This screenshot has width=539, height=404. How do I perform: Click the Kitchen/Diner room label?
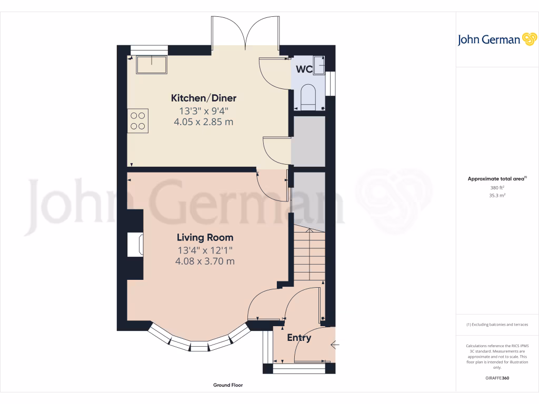pyautogui.click(x=204, y=98)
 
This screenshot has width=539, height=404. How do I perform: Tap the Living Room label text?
pyautogui.click(x=205, y=237)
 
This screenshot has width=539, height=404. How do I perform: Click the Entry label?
pyautogui.click(x=299, y=338)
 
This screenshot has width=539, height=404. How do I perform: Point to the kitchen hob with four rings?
pyautogui.click(x=138, y=120)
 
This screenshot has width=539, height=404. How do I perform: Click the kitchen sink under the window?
pyautogui.click(x=152, y=65)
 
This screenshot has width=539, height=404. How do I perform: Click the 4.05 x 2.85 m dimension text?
pyautogui.click(x=203, y=122)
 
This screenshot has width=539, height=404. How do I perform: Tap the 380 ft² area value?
pyautogui.click(x=497, y=187)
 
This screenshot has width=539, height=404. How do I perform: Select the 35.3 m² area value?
pyautogui.click(x=497, y=195)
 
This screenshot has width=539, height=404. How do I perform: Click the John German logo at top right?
pyautogui.click(x=496, y=39)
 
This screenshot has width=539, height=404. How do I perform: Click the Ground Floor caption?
pyautogui.click(x=228, y=385)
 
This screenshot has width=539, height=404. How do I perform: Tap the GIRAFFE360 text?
pyautogui.click(x=497, y=378)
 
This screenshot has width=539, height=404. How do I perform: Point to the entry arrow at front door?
pyautogui.click(x=334, y=345)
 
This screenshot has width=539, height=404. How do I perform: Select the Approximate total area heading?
pyautogui.click(x=496, y=179)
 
